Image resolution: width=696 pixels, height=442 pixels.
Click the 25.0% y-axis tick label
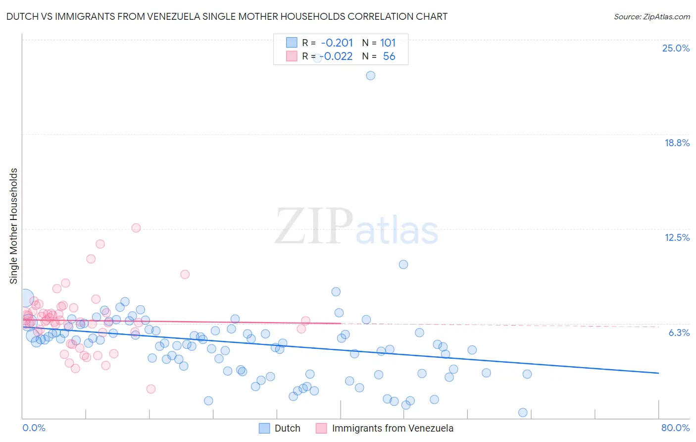(676, 48)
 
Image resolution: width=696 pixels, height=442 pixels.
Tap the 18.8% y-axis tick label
(677, 143)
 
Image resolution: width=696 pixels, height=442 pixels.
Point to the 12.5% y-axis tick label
(677, 237)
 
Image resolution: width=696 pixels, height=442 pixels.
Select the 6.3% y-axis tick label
(679, 332)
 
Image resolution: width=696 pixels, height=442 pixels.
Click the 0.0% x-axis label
(34, 428)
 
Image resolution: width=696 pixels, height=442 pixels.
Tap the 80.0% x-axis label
(675, 428)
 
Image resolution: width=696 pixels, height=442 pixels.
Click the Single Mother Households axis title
(13, 226)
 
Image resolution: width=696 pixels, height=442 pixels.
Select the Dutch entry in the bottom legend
(287, 428)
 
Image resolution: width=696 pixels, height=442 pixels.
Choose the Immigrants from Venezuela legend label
(392, 428)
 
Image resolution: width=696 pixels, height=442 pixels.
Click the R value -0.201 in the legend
(337, 43)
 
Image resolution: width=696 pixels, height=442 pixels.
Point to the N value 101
(388, 43)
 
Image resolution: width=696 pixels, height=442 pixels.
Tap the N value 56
(389, 56)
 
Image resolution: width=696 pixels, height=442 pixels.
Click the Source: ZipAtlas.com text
(651, 17)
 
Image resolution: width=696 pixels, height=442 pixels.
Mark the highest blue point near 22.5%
(370, 76)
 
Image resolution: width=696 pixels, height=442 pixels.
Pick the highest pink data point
(136, 228)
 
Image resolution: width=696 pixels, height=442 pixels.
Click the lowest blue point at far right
(522, 412)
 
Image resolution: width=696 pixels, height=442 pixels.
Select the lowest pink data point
(151, 389)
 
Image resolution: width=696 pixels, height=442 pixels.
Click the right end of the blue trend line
(658, 373)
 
